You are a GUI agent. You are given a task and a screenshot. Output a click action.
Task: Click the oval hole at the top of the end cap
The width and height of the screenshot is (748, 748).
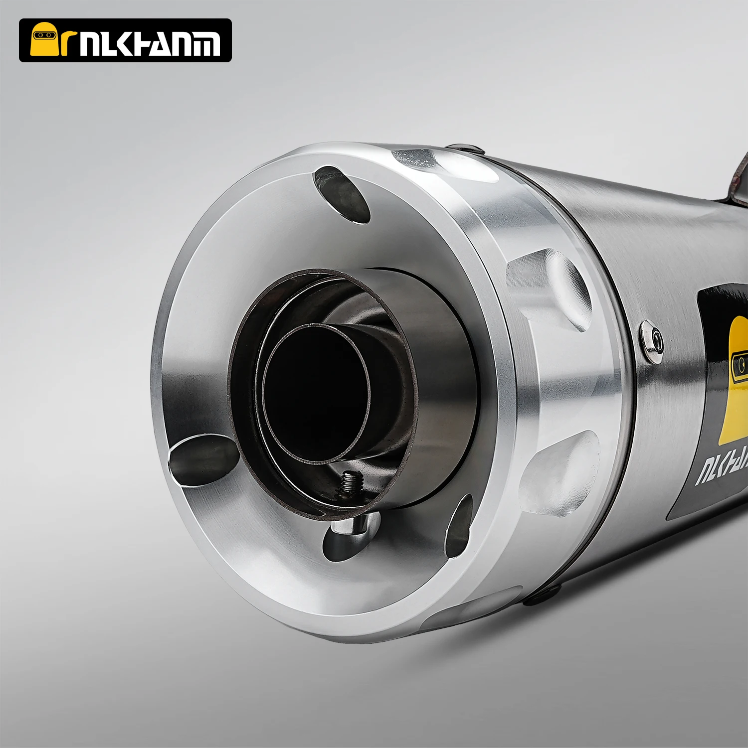[x=342, y=194]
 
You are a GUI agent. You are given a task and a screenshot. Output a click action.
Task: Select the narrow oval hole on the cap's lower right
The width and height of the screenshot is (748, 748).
[x=459, y=526]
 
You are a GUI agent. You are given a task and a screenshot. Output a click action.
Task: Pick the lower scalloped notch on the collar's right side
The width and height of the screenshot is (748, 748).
[x=559, y=473]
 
